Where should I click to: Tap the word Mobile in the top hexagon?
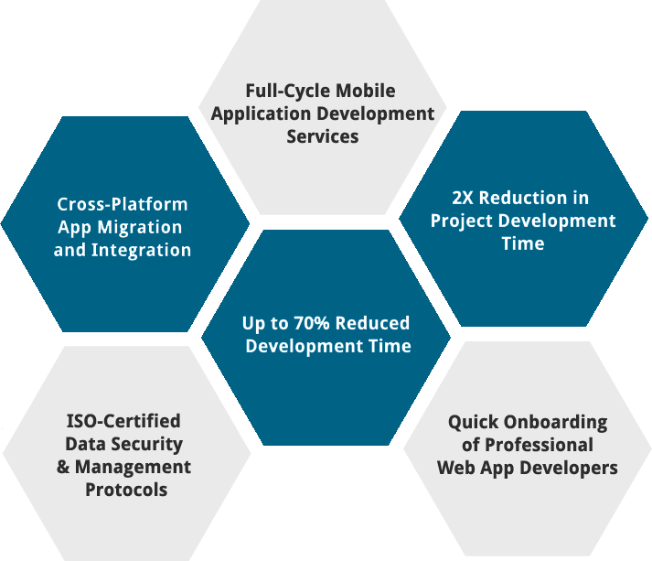point(366,92)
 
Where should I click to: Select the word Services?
point(322,136)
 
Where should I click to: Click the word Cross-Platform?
point(123,204)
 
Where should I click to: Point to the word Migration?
point(138,227)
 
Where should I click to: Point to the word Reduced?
point(376,324)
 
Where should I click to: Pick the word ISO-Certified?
point(123,422)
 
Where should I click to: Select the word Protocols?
point(126,490)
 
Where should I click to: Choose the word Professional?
point(539,446)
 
